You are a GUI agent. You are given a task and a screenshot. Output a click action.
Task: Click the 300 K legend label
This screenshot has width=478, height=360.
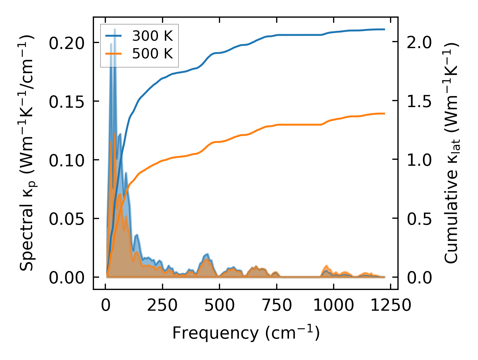tap(152, 36)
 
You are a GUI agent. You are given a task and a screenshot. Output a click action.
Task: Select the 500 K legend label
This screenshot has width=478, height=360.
tap(152, 53)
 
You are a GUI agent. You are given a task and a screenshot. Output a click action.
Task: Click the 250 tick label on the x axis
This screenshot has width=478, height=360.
tap(162, 306)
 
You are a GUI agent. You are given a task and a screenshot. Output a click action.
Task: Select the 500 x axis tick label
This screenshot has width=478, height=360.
tap(219, 306)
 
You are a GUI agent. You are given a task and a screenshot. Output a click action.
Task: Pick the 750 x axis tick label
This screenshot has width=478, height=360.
tap(276, 306)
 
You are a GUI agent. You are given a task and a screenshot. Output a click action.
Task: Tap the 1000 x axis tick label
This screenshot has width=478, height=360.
tap(333, 306)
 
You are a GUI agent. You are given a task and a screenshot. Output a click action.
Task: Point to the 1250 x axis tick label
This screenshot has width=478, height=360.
tap(391, 306)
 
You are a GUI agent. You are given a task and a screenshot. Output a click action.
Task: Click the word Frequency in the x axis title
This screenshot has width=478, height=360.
tap(215, 333)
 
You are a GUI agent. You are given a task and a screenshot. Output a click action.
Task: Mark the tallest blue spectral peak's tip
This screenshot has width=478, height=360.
tap(115, 29)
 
